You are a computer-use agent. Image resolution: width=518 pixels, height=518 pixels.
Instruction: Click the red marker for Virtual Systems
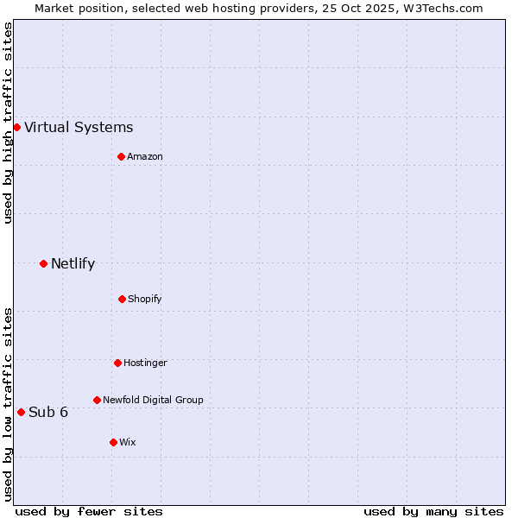(16, 128)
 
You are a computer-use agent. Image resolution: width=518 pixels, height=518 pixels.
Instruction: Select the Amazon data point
(121, 156)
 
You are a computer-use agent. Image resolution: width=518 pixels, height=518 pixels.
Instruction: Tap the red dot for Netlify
(43, 263)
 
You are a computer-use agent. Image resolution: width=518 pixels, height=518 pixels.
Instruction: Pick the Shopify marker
(122, 299)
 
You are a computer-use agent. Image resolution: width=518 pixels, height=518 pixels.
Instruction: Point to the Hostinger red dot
(117, 363)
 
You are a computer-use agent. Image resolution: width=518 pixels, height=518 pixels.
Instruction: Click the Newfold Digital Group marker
(97, 400)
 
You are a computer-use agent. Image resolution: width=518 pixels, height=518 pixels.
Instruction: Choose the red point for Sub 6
(21, 412)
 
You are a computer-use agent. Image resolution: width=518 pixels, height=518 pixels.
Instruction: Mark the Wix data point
(113, 442)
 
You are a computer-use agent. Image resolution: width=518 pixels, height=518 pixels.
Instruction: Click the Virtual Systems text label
(79, 128)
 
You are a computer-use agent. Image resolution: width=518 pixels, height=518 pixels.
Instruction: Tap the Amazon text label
(145, 156)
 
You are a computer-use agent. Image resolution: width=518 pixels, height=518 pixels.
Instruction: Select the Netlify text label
(73, 263)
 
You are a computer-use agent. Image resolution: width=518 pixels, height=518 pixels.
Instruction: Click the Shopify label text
(145, 299)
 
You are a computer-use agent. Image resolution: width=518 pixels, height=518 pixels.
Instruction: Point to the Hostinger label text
(145, 363)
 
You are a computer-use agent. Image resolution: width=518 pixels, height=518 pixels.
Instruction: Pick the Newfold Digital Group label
(153, 400)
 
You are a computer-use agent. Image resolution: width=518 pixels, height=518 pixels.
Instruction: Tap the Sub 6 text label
(48, 412)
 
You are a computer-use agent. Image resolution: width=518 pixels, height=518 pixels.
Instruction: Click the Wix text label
(128, 442)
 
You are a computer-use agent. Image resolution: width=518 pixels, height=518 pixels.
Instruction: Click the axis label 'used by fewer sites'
(89, 511)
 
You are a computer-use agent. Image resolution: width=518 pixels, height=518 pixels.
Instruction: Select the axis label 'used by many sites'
(433, 511)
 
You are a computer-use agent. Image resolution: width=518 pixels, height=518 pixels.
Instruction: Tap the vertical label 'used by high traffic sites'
(8, 123)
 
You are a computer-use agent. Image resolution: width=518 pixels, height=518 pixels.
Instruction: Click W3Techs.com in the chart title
(441, 8)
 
